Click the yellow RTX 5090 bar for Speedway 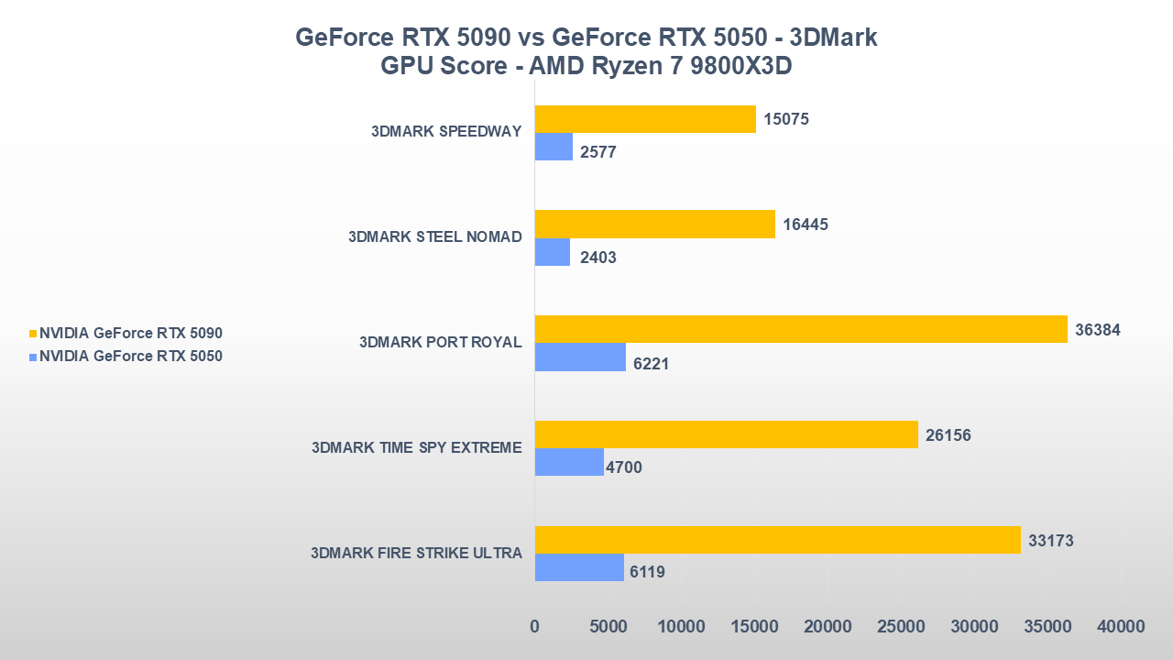pyautogui.click(x=645, y=119)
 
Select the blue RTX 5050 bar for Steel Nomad pyautogui.click(x=553, y=252)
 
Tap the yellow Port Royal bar pyautogui.click(x=801, y=329)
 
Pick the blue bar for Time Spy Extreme pyautogui.click(x=569, y=462)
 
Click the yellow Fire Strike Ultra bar pyautogui.click(x=777, y=540)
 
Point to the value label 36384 pyautogui.click(x=1098, y=330)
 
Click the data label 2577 pyautogui.click(x=598, y=152)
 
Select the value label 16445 pyautogui.click(x=806, y=225)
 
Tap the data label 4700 pyautogui.click(x=623, y=467)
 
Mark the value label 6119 pyautogui.click(x=646, y=573)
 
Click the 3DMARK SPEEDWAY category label pyautogui.click(x=446, y=131)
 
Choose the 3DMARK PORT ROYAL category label pyautogui.click(x=440, y=343)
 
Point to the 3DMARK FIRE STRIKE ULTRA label pyautogui.click(x=416, y=553)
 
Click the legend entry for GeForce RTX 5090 pyautogui.click(x=130, y=334)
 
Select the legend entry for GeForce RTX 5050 pyautogui.click(x=130, y=357)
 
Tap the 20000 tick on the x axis pyautogui.click(x=827, y=627)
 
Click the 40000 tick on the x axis pyautogui.click(x=1120, y=627)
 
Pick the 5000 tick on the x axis pyautogui.click(x=607, y=627)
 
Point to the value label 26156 pyautogui.click(x=948, y=435)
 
